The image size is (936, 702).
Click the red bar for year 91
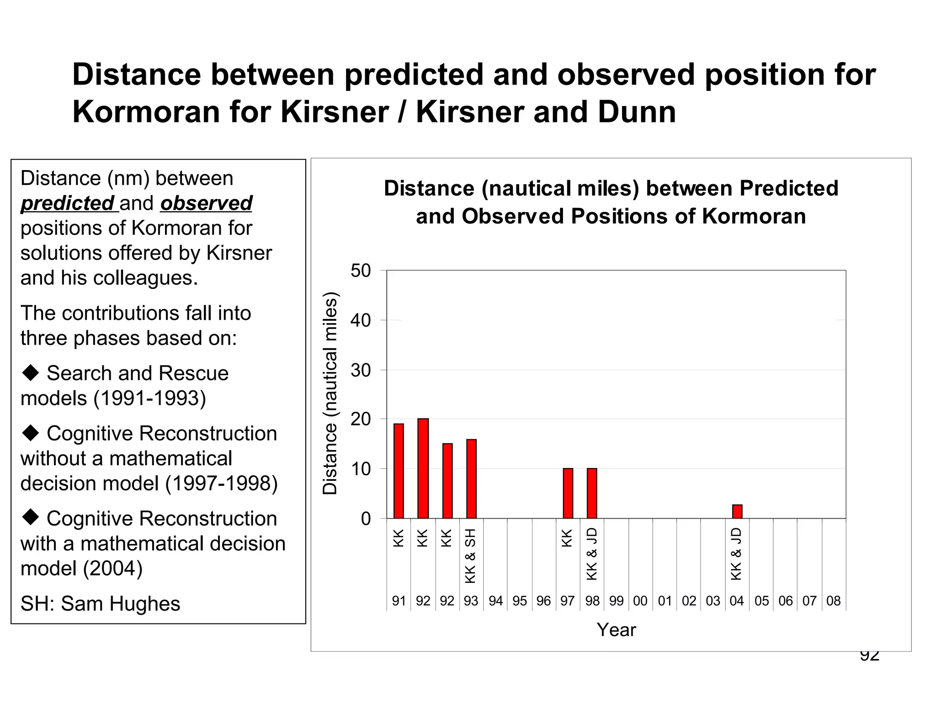(x=399, y=471)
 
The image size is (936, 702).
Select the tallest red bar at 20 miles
(x=423, y=468)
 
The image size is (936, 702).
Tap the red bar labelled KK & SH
(x=471, y=479)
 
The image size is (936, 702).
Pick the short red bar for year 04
(x=737, y=511)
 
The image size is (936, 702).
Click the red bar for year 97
(x=568, y=493)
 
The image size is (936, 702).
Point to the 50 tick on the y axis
(x=361, y=271)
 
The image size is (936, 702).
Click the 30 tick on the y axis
(x=361, y=370)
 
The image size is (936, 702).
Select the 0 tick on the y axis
(x=366, y=519)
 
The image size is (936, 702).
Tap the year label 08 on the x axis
(x=833, y=601)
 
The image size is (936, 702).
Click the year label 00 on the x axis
(x=640, y=601)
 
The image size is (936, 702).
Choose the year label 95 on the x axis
(x=520, y=601)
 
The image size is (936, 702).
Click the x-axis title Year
(x=616, y=630)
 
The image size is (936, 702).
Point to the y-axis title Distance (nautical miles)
(x=330, y=393)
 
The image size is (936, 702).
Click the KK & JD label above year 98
(x=592, y=554)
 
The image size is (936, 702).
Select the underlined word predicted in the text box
(x=68, y=203)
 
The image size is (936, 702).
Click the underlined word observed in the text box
(x=206, y=203)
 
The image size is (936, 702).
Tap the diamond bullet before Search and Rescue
(x=31, y=373)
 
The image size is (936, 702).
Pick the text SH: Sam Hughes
(x=100, y=604)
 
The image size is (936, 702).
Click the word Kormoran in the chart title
(x=754, y=216)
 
